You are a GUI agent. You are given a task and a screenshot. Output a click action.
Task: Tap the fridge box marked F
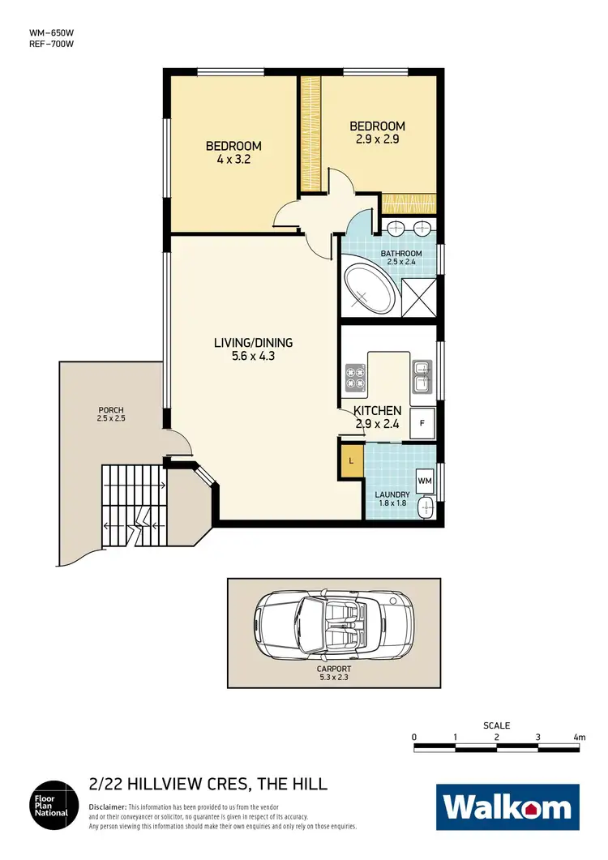point(422,421)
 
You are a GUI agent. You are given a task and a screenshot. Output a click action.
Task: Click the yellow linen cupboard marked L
point(351,461)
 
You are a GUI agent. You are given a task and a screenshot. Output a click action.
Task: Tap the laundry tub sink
point(425,508)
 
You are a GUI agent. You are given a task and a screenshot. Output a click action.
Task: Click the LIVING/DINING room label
point(253,343)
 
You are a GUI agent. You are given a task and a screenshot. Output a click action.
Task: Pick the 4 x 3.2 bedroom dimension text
point(233,160)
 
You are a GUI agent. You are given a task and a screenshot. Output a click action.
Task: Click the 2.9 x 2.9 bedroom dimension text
point(377,139)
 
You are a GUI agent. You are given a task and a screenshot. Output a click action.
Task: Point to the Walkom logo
point(507,807)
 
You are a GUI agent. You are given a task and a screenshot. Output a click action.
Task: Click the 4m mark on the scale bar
point(579,738)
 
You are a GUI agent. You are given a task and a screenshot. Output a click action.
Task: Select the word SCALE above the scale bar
point(496,725)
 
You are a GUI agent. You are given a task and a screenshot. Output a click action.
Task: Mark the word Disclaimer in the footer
point(107,808)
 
